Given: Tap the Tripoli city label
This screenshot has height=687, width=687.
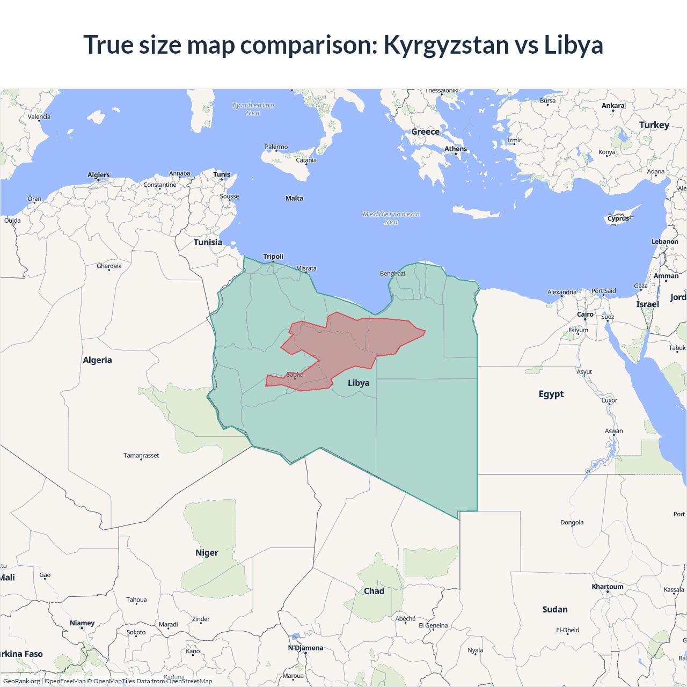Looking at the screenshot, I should [x=273, y=257].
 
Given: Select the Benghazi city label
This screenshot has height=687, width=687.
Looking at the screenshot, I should [x=392, y=274].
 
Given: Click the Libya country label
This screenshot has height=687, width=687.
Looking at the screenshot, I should [x=359, y=383].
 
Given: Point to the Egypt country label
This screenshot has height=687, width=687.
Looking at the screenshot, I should [x=551, y=394].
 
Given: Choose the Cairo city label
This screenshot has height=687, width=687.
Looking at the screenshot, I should [x=585, y=315].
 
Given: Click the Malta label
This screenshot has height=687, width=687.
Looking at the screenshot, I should [x=294, y=199].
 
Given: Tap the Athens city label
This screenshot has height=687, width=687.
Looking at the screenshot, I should [x=456, y=149].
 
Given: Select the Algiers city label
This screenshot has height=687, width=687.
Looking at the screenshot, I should [x=99, y=175].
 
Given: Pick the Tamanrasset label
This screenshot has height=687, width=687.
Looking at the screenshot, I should [x=141, y=456].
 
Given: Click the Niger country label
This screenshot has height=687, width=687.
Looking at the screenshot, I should [x=207, y=553].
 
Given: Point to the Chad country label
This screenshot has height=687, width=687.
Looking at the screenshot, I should [x=374, y=591].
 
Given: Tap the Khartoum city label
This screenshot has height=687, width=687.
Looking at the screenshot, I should [x=608, y=587].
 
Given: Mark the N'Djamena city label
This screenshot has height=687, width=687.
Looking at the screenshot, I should [x=306, y=648].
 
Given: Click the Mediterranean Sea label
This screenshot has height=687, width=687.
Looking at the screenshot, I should [x=391, y=218].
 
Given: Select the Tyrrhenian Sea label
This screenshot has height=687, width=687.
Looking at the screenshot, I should [x=253, y=109].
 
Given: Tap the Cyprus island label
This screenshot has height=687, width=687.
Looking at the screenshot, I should [x=618, y=218].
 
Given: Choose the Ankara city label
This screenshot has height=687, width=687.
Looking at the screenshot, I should [x=613, y=106].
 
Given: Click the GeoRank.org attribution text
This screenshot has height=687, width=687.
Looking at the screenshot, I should [x=21, y=681].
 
